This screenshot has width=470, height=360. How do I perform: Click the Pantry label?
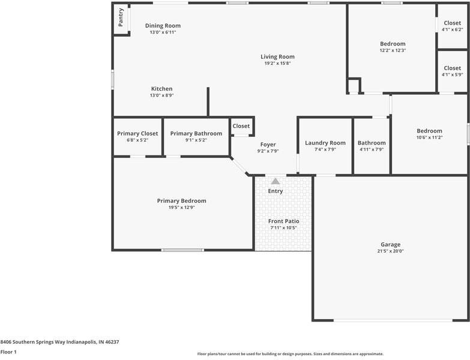click(121, 17)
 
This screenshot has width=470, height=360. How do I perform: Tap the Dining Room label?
click(163, 26)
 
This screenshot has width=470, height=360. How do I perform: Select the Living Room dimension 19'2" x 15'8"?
click(277, 64)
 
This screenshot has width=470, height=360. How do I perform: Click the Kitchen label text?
click(161, 89)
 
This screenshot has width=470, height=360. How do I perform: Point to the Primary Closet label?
click(137, 133)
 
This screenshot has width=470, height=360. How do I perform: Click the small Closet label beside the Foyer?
click(241, 126)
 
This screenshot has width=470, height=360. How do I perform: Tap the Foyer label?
click(268, 145)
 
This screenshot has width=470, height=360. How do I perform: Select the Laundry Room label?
click(325, 143)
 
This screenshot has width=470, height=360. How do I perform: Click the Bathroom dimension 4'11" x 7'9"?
click(372, 149)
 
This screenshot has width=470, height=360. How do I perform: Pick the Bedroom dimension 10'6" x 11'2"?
click(429, 137)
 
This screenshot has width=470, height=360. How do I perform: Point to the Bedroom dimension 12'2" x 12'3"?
click(393, 50)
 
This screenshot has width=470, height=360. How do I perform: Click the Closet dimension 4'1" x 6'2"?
click(452, 29)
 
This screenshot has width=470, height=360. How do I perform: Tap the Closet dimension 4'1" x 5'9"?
click(452, 75)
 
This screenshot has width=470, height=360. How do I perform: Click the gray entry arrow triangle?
click(276, 181)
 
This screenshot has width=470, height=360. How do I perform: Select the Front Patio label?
click(283, 221)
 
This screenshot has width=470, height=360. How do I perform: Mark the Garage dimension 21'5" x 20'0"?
click(390, 251)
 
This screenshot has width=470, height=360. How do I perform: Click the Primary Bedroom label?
click(181, 201)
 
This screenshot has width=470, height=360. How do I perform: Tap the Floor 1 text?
click(8, 352)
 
